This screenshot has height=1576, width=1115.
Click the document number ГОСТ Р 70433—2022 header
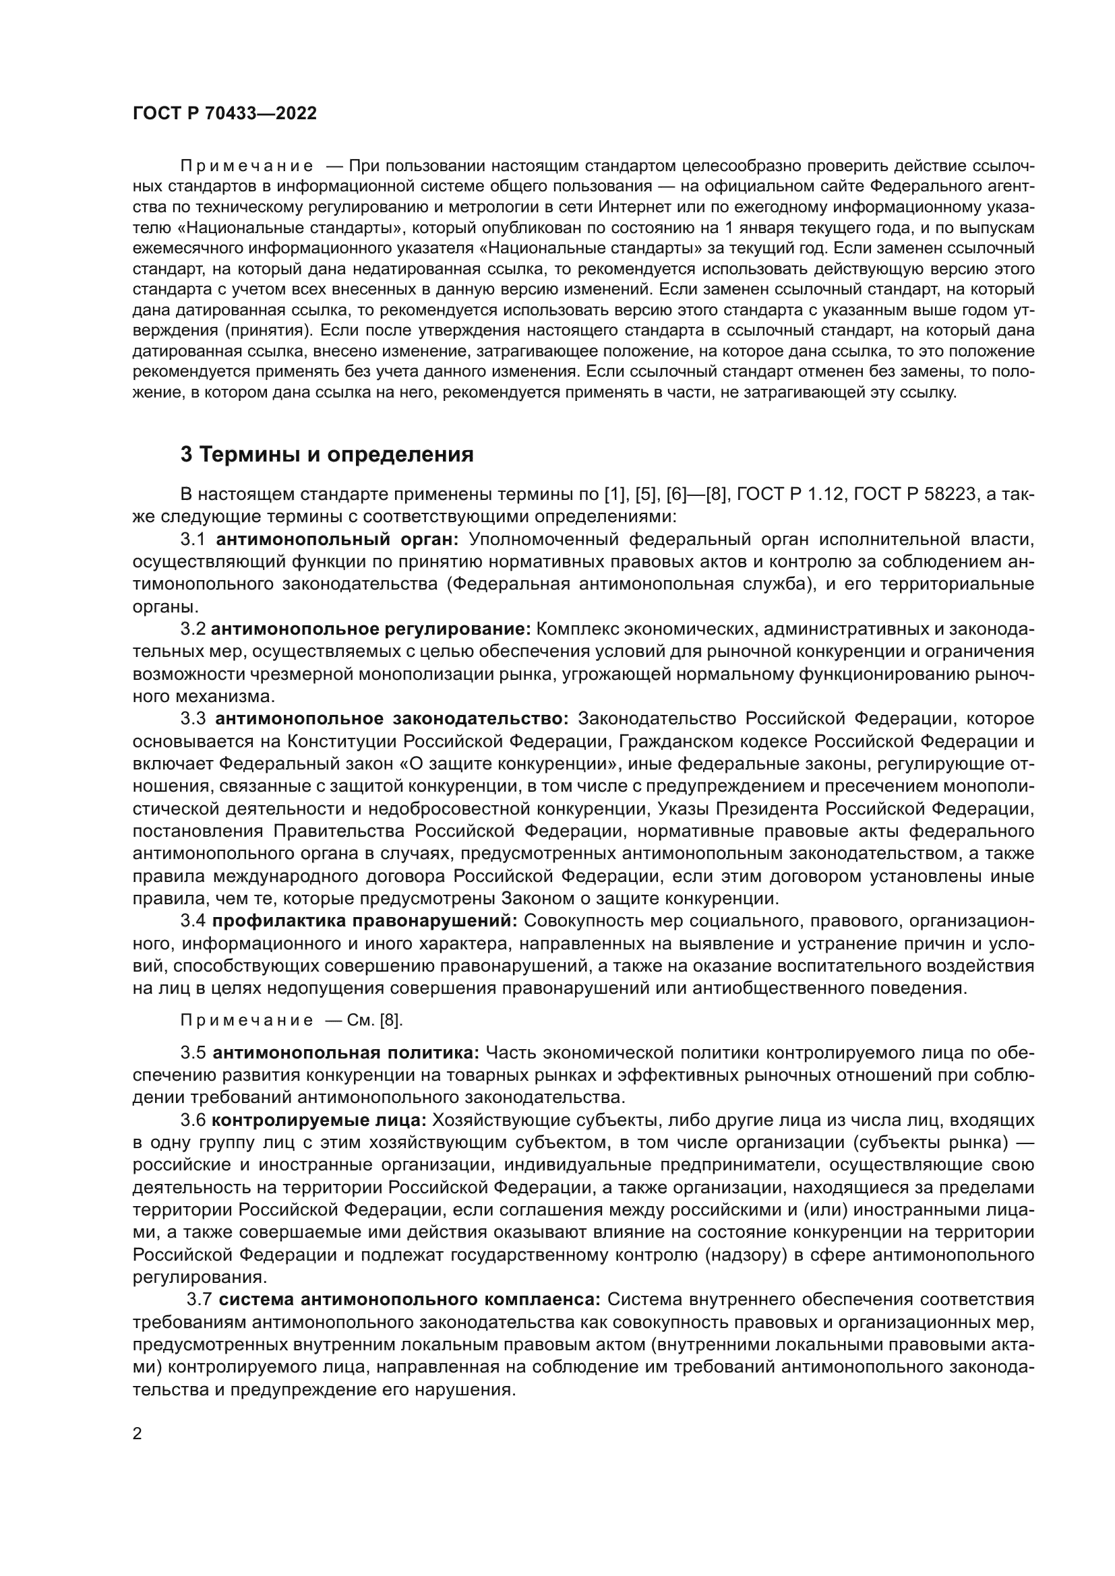(x=224, y=114)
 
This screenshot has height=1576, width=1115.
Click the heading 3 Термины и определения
(x=327, y=454)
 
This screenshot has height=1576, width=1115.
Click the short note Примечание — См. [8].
(x=291, y=1020)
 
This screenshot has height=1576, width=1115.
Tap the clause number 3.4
(x=193, y=920)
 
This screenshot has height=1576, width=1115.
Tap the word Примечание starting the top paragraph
(x=247, y=166)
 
